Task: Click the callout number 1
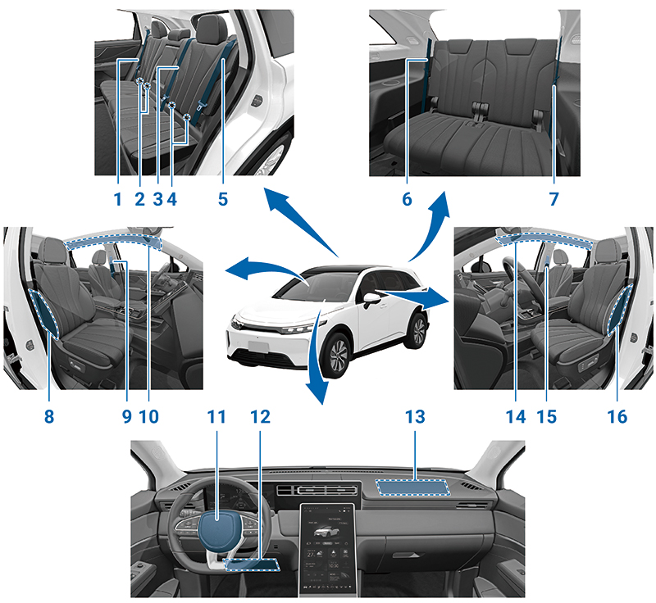point(118,199)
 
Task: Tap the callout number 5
point(223,199)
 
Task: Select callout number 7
point(554,199)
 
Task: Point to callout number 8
point(49,416)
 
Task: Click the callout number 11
point(216,416)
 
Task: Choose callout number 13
point(415,416)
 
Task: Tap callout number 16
point(617,416)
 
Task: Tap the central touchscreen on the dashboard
point(327,550)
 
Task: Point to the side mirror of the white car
point(371,299)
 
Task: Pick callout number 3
point(157,199)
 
